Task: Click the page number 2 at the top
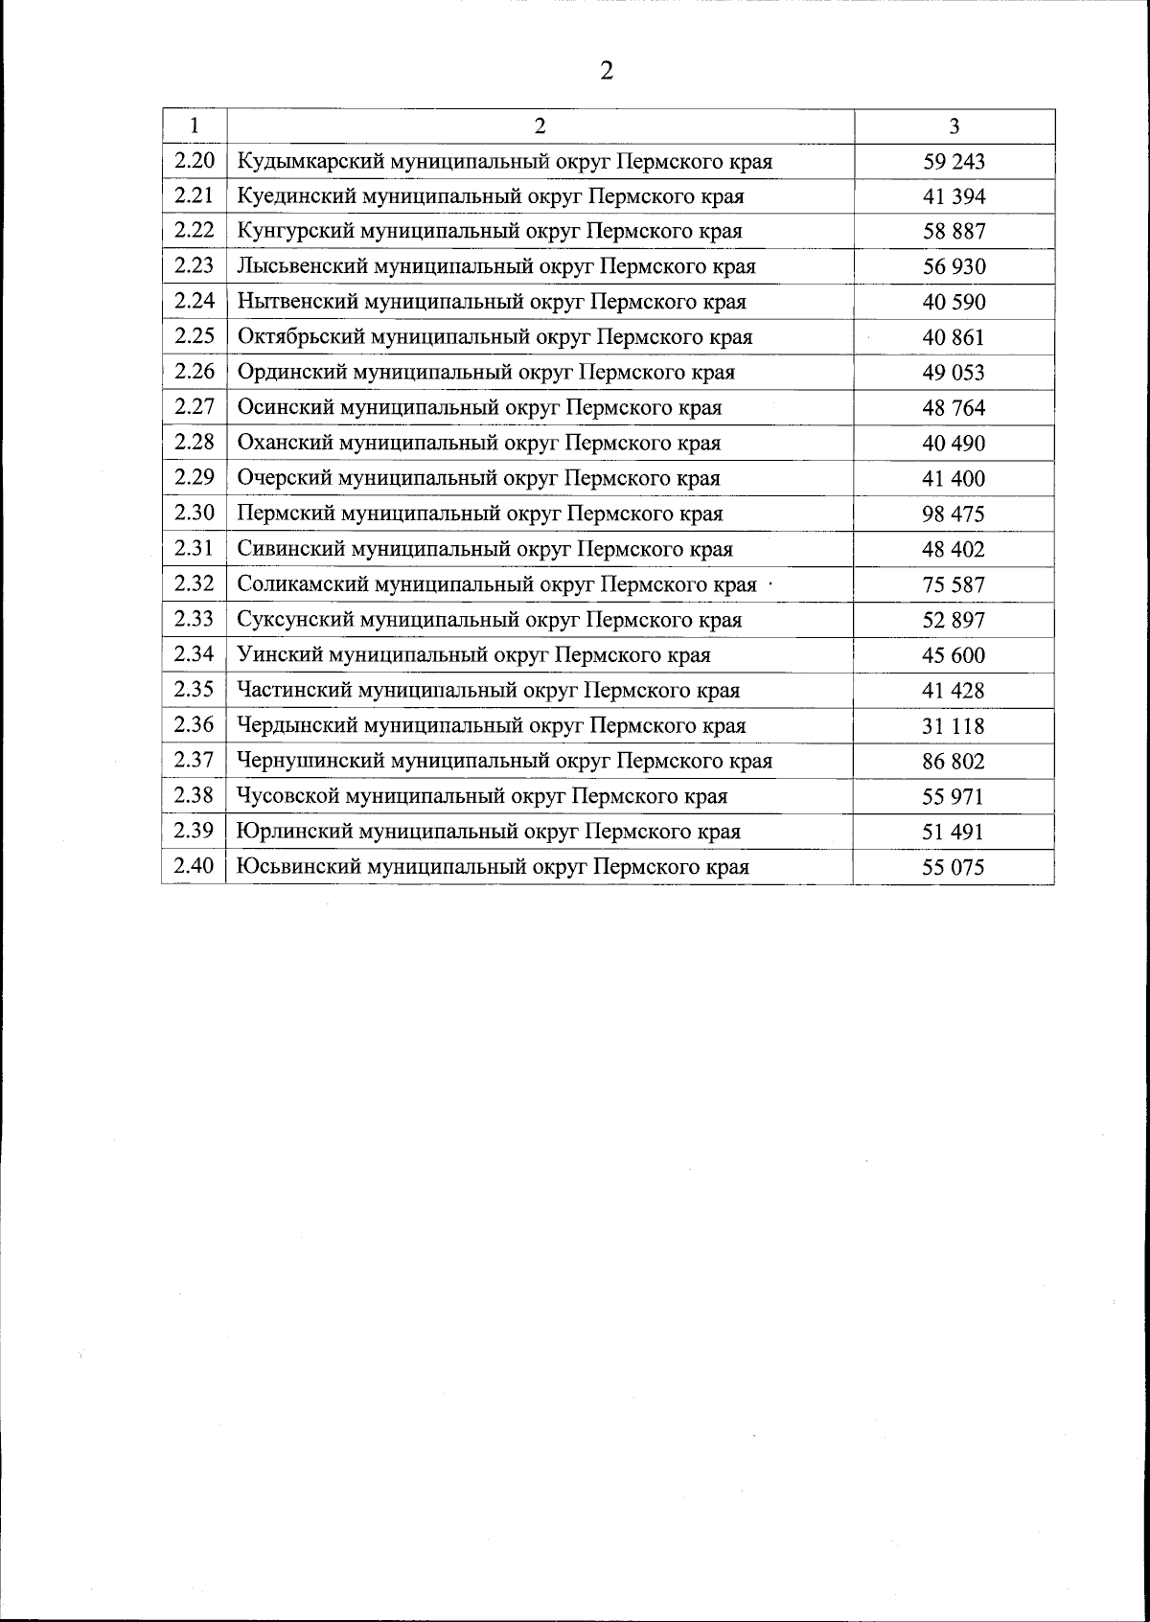[606, 71]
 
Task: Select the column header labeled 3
[954, 126]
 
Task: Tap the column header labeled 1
[195, 126]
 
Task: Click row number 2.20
[195, 161]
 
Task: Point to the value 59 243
[954, 162]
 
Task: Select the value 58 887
[954, 232]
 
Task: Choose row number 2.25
[195, 336]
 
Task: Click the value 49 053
[954, 373]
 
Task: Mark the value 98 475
[954, 514]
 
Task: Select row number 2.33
[195, 619]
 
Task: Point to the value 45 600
[954, 655]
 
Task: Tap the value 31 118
[954, 726]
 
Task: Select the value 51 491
[954, 833]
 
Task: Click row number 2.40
[195, 867]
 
